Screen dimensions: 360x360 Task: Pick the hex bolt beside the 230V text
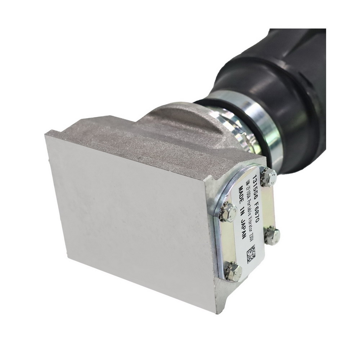click(272, 236)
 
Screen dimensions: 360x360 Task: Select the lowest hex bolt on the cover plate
click(233, 272)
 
